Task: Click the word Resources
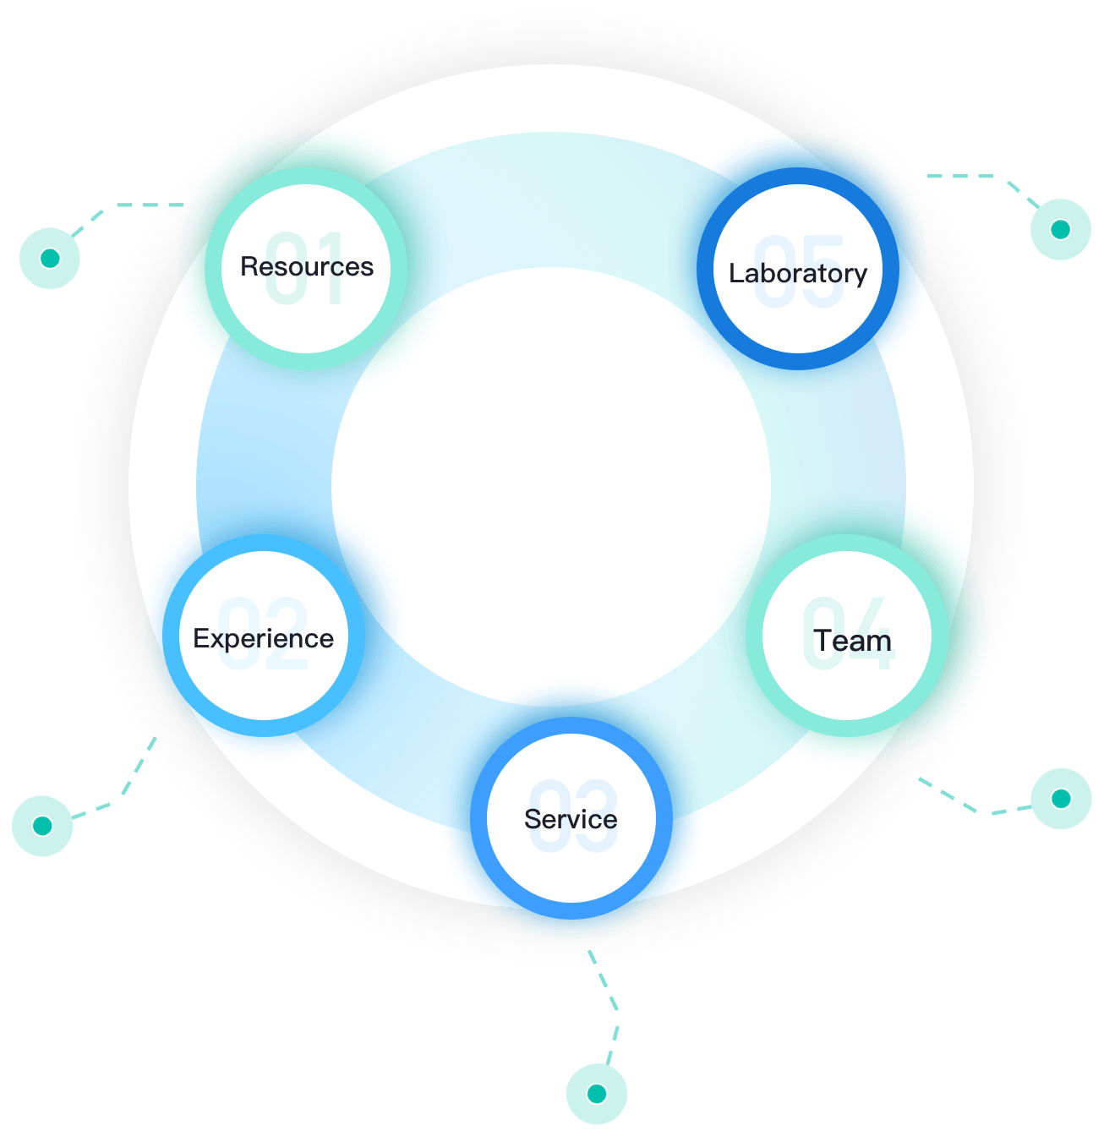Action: (x=306, y=267)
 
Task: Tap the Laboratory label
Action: (x=798, y=274)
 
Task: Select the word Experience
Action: (x=263, y=639)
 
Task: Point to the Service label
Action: (x=571, y=819)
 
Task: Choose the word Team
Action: (x=852, y=642)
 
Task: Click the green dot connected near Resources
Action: (x=50, y=258)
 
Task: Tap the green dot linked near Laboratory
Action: (x=1060, y=229)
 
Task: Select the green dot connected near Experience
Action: (x=42, y=826)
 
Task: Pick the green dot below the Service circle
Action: (x=597, y=1094)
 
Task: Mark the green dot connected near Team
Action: (x=1061, y=799)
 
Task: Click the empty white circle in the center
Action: (x=551, y=486)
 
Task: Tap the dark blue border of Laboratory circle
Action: (x=707, y=269)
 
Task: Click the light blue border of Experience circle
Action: (x=172, y=636)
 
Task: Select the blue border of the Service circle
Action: (x=479, y=818)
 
